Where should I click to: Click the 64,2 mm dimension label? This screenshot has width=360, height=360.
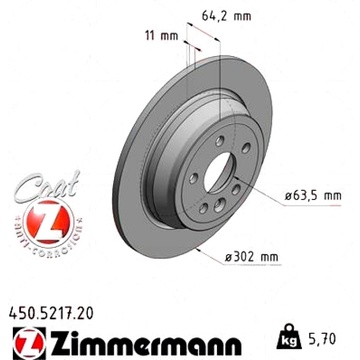(226, 16)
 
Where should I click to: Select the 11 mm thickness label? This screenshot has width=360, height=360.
(161, 36)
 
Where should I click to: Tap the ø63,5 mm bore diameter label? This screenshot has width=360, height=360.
(313, 196)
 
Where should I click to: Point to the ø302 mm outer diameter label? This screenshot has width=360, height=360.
(251, 257)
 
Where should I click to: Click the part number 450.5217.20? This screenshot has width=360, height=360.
(51, 313)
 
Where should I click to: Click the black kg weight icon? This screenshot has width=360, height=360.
(289, 337)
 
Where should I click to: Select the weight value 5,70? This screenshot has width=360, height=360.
(322, 338)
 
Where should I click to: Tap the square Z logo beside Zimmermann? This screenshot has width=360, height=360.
(29, 343)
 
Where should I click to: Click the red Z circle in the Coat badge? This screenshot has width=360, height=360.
(48, 222)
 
